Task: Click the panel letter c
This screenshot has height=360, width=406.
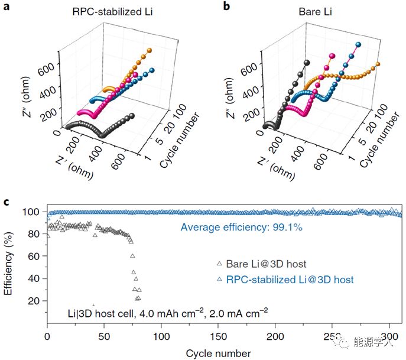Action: pyautogui.click(x=6, y=202)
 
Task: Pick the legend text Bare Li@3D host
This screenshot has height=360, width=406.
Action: pyautogui.click(x=267, y=264)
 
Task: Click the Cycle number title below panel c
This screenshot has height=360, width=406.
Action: pyautogui.click(x=219, y=353)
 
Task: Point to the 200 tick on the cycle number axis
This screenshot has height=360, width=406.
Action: pyautogui.click(x=275, y=336)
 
